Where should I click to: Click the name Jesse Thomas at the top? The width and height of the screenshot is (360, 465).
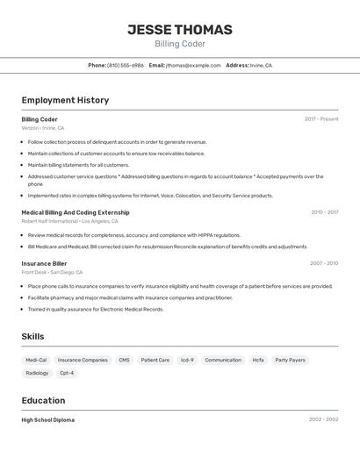click(x=179, y=30)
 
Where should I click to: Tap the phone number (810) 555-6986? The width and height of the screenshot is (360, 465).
click(x=126, y=66)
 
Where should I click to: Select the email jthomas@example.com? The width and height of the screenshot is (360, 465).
click(x=193, y=66)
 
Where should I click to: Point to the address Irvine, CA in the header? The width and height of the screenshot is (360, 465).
click(x=261, y=66)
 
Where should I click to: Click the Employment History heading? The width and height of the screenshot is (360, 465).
click(x=65, y=100)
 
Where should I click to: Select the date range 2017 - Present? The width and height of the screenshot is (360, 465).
click(x=321, y=119)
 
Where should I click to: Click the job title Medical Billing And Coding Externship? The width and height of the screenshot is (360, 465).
click(x=76, y=212)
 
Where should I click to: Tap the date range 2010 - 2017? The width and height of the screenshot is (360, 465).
click(x=324, y=212)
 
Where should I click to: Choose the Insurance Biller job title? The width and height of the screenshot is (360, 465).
click(x=44, y=263)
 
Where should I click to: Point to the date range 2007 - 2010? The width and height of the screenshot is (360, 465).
click(x=324, y=263)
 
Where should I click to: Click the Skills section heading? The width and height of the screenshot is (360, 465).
click(x=32, y=337)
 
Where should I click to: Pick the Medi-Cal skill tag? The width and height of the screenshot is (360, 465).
click(x=36, y=360)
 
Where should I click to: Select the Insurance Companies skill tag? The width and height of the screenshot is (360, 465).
click(x=83, y=360)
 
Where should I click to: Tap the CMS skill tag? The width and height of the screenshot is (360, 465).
click(x=124, y=360)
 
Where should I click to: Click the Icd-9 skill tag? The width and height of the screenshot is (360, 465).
click(x=187, y=360)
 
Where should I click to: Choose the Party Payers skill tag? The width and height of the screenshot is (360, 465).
click(x=290, y=360)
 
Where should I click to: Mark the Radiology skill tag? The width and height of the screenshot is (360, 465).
click(x=37, y=373)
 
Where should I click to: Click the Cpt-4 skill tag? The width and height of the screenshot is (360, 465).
click(x=67, y=373)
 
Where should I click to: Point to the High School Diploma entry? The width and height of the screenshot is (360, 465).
click(x=47, y=420)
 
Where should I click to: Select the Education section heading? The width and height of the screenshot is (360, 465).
click(x=45, y=400)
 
